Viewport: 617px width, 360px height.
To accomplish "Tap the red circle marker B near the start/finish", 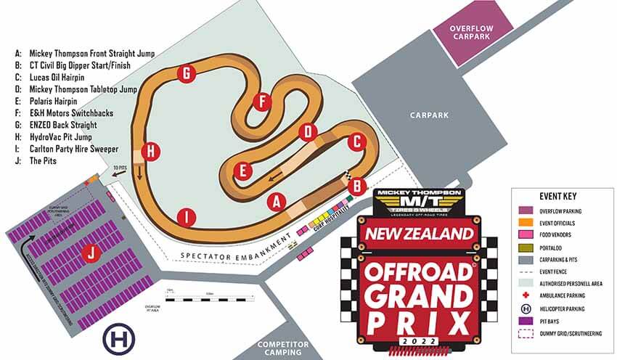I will coord(356,187).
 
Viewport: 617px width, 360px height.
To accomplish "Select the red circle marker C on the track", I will coord(355,142).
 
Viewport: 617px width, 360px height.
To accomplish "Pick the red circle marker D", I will coord(308,132).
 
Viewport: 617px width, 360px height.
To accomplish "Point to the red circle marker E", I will coord(245,171).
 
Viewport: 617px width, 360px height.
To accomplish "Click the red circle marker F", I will coord(261,102).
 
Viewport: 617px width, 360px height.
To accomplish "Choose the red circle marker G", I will coord(187,73).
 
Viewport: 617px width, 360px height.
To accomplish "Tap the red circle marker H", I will coord(151,152).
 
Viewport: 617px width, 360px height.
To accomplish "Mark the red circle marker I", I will coord(187,216).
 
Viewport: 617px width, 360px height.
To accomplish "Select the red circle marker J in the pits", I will coord(90,253).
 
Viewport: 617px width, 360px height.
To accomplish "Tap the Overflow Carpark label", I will coord(473,33).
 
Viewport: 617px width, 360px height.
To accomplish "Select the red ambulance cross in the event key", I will coord(527,295).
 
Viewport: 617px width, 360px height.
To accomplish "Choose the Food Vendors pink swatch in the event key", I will coord(527,235).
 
